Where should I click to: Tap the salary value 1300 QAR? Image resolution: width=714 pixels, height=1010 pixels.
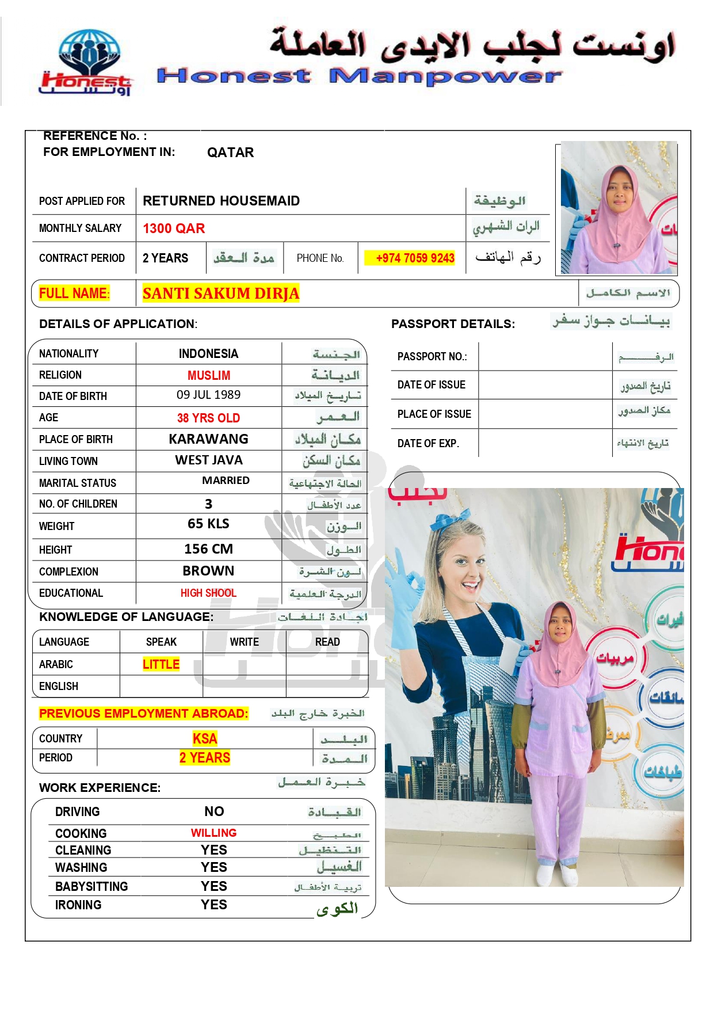point(174,228)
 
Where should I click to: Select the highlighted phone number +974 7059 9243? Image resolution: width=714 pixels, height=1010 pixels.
point(415,258)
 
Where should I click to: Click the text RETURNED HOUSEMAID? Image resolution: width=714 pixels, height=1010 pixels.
point(221,201)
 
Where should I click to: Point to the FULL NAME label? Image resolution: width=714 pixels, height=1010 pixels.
point(74,294)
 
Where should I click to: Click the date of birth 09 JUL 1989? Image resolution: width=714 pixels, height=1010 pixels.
point(208,395)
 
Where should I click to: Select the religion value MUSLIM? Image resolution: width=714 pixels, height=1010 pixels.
point(208,375)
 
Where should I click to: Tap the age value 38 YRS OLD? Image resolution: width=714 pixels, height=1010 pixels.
point(208,418)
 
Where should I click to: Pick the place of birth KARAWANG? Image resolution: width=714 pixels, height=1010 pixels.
point(208,439)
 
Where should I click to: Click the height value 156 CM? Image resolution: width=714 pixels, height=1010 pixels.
point(208,549)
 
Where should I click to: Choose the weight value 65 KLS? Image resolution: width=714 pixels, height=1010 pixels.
point(208,524)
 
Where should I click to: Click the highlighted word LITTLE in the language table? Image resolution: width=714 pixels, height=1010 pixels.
point(161,664)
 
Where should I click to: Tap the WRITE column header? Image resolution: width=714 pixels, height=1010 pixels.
point(244,642)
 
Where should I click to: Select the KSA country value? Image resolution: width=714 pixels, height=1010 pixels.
point(205,738)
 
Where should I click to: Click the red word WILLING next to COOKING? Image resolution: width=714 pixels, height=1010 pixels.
point(213,833)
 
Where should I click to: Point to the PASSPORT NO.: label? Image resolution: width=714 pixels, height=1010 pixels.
point(432,357)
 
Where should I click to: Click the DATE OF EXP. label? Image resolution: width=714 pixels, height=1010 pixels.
point(428,443)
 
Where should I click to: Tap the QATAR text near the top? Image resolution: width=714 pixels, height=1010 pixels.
point(230,153)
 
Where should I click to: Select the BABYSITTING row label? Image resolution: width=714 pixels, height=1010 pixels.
point(91,886)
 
